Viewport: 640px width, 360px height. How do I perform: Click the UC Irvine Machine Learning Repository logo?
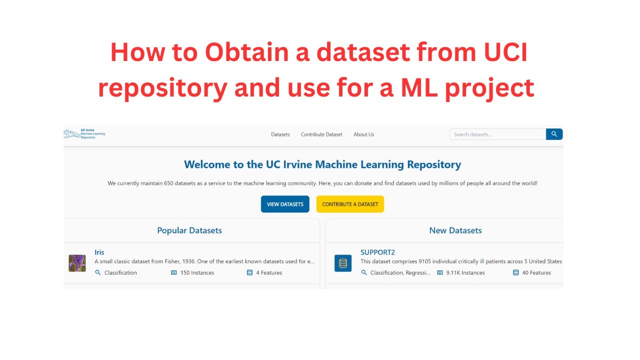84,134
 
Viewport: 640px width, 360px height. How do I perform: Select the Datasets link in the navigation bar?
280,134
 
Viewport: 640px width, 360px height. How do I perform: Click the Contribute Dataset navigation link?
321,134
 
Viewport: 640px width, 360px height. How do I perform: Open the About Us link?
363,134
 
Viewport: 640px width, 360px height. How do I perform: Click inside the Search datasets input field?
497,134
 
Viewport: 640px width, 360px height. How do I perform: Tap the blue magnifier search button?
554,134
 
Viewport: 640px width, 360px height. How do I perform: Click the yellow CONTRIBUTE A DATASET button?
350,204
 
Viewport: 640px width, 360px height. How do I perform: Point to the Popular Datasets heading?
189,230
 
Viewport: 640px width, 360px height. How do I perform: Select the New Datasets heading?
455,230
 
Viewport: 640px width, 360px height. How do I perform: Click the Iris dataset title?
99,252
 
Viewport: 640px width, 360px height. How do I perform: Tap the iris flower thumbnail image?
77,263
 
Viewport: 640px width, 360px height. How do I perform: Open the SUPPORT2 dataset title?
377,252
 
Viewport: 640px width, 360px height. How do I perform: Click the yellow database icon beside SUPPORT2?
343,263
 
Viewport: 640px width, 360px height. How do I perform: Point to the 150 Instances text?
197,273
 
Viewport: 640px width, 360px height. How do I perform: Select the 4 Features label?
269,273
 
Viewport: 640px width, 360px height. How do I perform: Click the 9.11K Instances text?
465,273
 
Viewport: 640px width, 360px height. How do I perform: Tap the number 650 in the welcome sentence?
170,183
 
